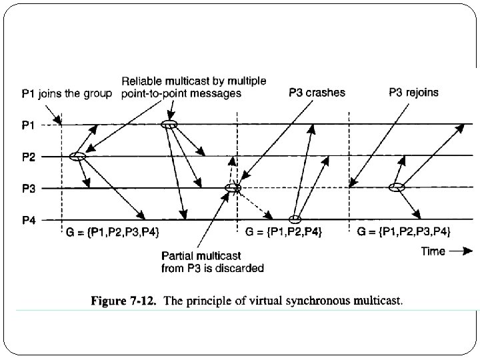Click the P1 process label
[29, 125]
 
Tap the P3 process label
[29, 189]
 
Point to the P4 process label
[29, 220]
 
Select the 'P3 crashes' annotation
[317, 93]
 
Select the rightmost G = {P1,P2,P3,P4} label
[404, 232]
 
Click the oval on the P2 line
[77, 157]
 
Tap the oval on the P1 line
[169, 125]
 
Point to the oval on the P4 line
[295, 219]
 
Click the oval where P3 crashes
[233, 188]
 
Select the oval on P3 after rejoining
[397, 188]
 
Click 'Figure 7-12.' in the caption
[125, 301]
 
